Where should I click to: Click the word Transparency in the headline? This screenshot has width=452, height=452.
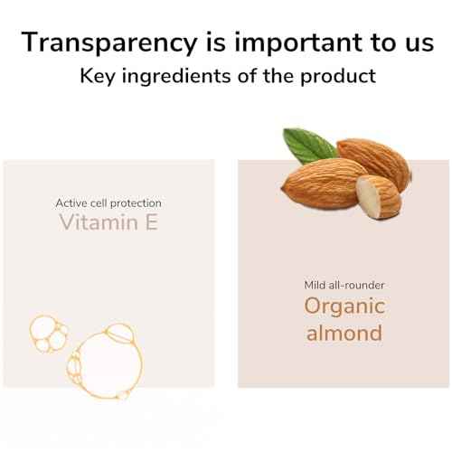pos(109,43)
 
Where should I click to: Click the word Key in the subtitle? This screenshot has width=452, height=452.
pos(98,77)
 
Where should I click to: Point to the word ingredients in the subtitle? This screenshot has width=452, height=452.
pos(176,77)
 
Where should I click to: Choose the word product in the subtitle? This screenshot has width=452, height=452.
pos(338,77)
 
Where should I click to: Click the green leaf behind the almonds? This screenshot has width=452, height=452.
pos(309,146)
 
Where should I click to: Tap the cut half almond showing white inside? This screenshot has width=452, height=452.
pos(379,196)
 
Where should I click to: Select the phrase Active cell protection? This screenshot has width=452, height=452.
pos(108,203)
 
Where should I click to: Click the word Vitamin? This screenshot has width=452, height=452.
pos(99,222)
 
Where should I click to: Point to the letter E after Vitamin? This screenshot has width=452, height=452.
pos(152,222)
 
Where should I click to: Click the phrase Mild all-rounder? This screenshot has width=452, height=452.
pos(344,285)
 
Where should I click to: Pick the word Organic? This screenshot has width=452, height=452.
pos(344,307)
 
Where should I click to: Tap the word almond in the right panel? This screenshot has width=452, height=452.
pos(344,333)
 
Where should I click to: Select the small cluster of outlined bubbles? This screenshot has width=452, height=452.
pos(48,334)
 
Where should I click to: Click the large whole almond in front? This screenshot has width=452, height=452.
pos(324,184)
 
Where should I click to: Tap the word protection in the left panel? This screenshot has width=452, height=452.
pos(136,204)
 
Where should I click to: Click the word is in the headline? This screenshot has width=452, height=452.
pos(216,42)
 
